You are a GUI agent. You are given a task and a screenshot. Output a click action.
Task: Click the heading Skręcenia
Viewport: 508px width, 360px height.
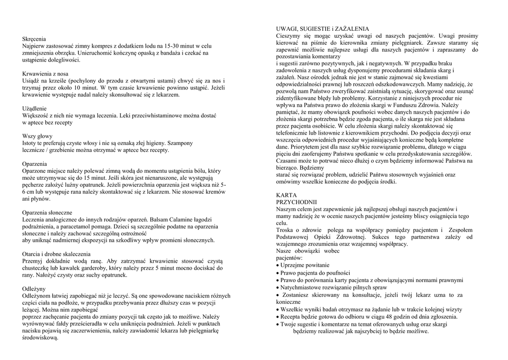click(34, 38)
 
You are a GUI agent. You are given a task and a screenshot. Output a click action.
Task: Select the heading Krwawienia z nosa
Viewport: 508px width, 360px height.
click(45, 73)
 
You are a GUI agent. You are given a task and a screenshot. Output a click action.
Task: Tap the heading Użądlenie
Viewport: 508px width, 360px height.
click(35, 108)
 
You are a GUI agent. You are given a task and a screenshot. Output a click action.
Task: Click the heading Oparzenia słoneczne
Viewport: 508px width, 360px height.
click(48, 213)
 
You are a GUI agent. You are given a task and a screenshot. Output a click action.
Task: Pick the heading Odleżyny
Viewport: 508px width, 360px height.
click(34, 288)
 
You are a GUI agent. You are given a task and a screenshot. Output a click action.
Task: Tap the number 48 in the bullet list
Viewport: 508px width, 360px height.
click(385, 317)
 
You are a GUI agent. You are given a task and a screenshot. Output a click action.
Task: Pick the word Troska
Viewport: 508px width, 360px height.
click(286, 230)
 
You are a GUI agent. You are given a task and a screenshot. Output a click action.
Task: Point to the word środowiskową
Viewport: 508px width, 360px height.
click(41, 338)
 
